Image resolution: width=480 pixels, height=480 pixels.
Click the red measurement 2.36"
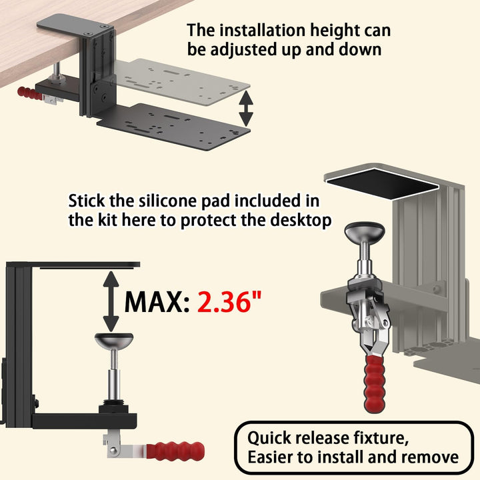click(229, 301)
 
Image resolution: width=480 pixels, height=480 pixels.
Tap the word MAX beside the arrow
click(153, 302)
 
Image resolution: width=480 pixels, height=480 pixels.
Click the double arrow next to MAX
click(111, 301)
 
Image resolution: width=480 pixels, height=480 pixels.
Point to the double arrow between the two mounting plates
click(246, 109)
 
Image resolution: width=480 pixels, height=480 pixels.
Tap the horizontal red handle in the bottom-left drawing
click(175, 451)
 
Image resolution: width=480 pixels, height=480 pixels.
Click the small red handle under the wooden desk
click(29, 93)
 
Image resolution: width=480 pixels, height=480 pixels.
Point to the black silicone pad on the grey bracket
click(383, 183)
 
